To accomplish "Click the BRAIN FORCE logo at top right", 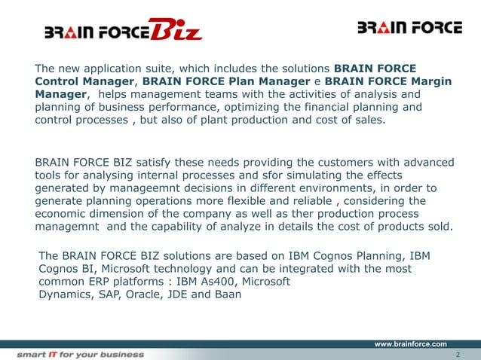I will (x=409, y=28).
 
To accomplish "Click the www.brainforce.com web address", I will (x=411, y=343).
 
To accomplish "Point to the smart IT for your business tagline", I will (x=81, y=353).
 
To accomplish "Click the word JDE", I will (x=191, y=294).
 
